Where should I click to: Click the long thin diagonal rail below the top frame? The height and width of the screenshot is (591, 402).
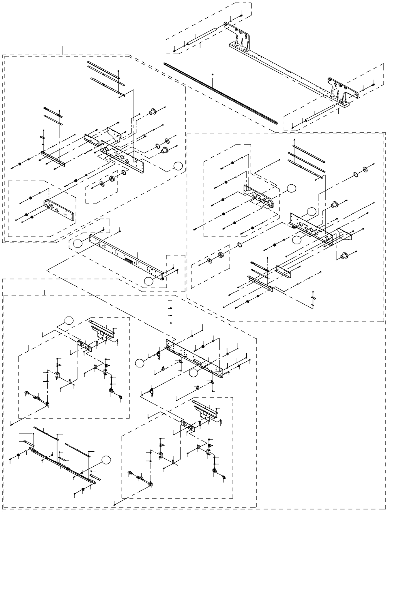(x=220, y=92)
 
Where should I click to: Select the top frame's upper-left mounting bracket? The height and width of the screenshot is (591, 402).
(x=240, y=37)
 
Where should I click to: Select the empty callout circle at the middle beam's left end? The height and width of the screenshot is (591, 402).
(x=79, y=243)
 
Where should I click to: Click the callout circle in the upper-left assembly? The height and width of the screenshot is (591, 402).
(x=178, y=166)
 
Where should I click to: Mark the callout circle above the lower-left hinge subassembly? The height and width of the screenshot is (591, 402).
(x=69, y=320)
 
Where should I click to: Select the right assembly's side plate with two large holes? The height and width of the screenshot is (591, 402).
(x=261, y=197)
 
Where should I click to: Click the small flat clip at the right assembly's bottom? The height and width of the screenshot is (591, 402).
(x=313, y=298)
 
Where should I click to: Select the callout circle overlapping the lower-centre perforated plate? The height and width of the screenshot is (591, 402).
(x=193, y=373)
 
